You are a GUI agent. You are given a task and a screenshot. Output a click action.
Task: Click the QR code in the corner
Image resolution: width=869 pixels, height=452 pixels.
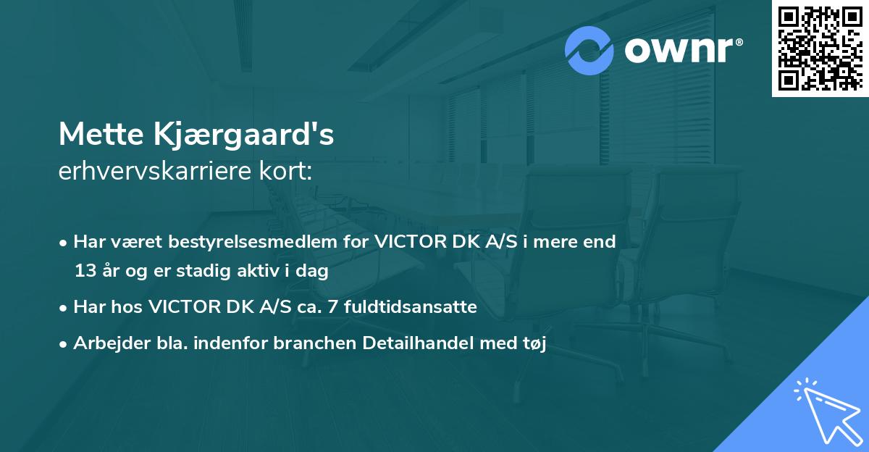pyautogui.click(x=820, y=48)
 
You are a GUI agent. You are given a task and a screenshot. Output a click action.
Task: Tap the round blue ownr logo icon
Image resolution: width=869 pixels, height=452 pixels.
pyautogui.click(x=589, y=51)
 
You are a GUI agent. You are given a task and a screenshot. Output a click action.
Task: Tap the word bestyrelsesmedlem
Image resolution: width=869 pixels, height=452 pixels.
pyautogui.click(x=233, y=242)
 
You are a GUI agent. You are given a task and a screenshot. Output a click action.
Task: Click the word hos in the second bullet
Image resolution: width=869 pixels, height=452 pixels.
pyautogui.click(x=127, y=307)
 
